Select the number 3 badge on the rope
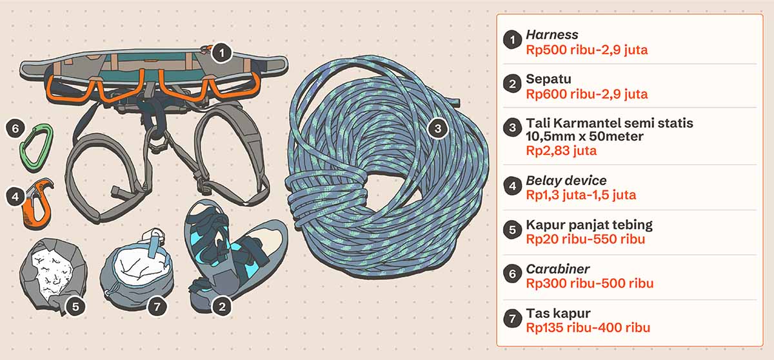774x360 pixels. point(438,128)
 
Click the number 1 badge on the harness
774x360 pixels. point(221,53)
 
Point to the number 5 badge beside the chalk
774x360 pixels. point(75,306)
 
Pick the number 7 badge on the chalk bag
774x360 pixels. point(157,306)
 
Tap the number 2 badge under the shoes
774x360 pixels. point(222,306)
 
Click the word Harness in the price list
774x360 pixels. point(552,35)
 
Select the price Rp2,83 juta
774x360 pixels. point(561,150)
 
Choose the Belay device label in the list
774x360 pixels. point(566,181)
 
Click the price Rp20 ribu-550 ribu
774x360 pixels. point(586,239)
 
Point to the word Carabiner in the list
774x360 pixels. point(558,269)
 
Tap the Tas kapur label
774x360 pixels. point(558,314)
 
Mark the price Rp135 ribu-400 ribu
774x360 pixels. point(588,328)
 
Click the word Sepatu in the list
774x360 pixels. point(548,79)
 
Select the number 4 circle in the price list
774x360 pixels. point(512,186)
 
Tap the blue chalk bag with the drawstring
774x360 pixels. point(137,270)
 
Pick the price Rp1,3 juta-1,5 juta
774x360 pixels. point(581,195)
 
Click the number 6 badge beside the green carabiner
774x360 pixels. point(15,128)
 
